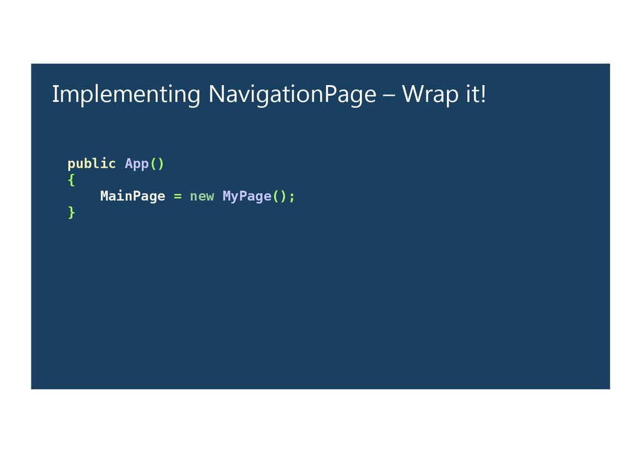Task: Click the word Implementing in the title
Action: pyautogui.click(x=125, y=95)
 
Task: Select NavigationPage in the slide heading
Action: pyautogui.click(x=292, y=95)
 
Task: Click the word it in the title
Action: pyautogui.click(x=472, y=94)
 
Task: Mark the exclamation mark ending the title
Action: pyautogui.click(x=483, y=94)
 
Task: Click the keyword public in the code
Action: pyautogui.click(x=91, y=164)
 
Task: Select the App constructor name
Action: pyautogui.click(x=136, y=164)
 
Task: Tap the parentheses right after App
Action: pyautogui.click(x=157, y=164)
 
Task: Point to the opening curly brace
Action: pyautogui.click(x=71, y=180)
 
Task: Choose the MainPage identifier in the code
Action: pyautogui.click(x=133, y=196)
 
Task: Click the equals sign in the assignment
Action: pyautogui.click(x=178, y=196)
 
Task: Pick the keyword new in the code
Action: pyautogui.click(x=202, y=196)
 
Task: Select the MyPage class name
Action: pyautogui.click(x=247, y=196)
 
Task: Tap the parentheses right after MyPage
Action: pyautogui.click(x=279, y=196)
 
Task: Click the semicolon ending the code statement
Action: pyautogui.click(x=292, y=197)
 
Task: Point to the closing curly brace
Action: pyautogui.click(x=71, y=213)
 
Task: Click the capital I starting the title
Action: pyautogui.click(x=54, y=94)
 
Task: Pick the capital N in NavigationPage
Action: pyautogui.click(x=217, y=94)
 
